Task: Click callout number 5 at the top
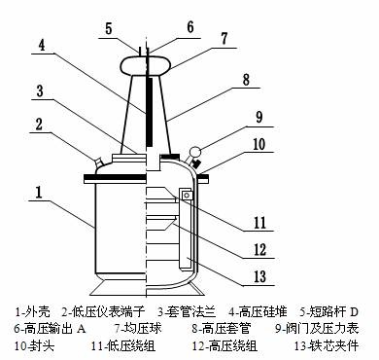109,28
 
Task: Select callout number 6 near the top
190,26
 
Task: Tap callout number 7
224,38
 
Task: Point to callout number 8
246,80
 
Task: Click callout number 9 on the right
259,117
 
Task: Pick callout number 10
258,145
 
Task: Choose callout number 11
259,223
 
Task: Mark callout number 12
259,250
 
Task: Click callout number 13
259,276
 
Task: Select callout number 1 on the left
39,192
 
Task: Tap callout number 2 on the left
39,125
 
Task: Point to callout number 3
40,91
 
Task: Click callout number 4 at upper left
42,45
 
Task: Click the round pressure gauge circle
195,152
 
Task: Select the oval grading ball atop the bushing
146,64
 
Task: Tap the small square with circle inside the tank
187,196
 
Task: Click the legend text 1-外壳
32,312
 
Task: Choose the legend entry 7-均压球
138,329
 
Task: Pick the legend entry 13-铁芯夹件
327,345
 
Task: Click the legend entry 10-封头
34,345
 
